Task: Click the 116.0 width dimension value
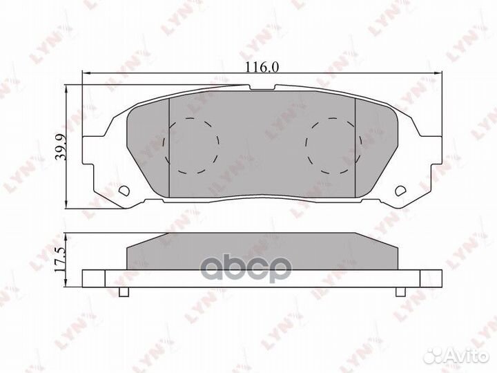[262, 67]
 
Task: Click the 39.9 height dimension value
[61, 147]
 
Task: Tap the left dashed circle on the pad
[191, 146]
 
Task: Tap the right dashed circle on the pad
[333, 146]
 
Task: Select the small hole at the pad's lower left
[124, 191]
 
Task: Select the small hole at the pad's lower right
[400, 191]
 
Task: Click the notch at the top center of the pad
[262, 88]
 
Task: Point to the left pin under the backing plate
[124, 291]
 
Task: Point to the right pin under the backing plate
[400, 291]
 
